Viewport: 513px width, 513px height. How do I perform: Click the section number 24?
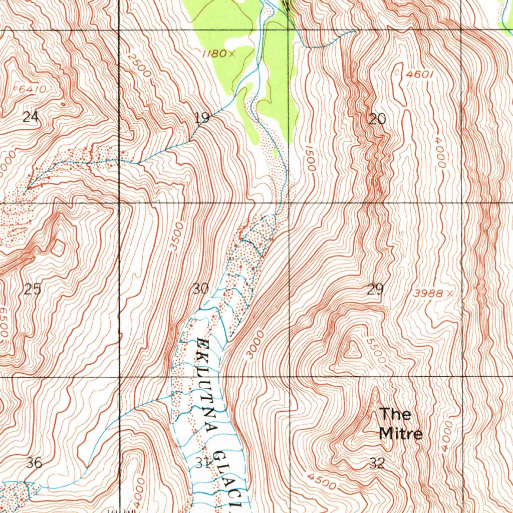(x=31, y=117)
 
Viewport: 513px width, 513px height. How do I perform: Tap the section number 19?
(x=202, y=118)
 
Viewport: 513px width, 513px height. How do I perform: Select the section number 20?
(x=377, y=119)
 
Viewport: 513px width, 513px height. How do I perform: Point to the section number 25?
(x=33, y=289)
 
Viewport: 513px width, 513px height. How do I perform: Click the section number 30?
(x=200, y=289)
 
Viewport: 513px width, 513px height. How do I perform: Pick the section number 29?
(x=375, y=289)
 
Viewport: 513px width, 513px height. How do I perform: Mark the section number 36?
(x=34, y=463)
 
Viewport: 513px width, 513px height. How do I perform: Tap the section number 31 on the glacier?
(x=202, y=463)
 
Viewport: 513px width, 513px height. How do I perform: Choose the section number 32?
(x=377, y=463)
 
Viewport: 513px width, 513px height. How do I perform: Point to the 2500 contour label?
(x=139, y=64)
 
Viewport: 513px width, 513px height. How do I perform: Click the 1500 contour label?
(x=309, y=158)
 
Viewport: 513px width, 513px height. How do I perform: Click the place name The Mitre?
(x=400, y=423)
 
